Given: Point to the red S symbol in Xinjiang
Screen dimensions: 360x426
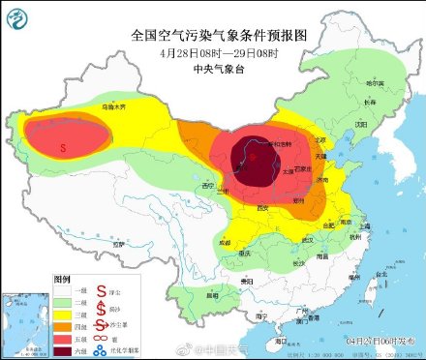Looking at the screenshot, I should pos(63,149).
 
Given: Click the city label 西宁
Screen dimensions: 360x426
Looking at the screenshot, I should pos(206,185).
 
